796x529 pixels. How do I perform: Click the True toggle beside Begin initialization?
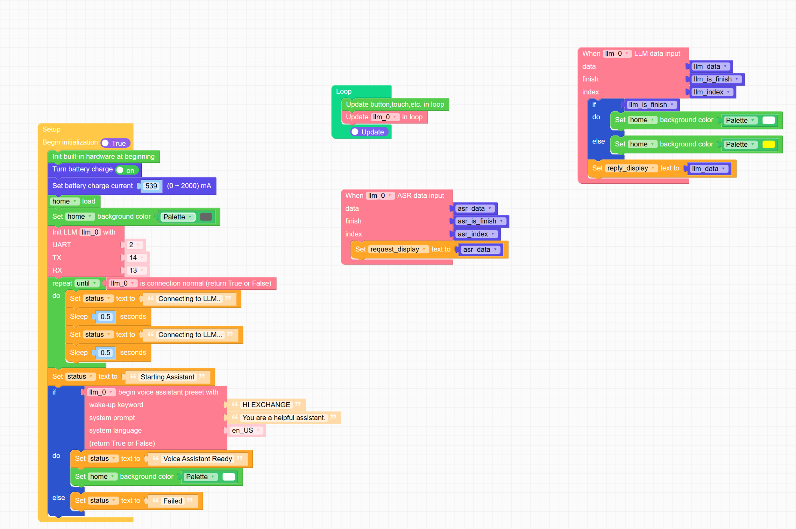(x=115, y=143)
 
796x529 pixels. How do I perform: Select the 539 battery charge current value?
(x=151, y=186)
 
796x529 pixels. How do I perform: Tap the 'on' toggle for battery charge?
(x=126, y=170)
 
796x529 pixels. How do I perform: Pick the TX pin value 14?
(x=136, y=258)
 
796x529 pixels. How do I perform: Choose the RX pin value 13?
(x=136, y=271)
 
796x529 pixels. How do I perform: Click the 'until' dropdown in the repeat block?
(x=86, y=283)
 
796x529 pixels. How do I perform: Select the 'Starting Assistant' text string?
(x=167, y=377)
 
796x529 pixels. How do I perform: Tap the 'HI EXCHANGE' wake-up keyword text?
(x=266, y=405)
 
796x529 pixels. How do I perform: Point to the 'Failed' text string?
(x=173, y=501)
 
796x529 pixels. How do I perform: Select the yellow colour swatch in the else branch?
(x=768, y=145)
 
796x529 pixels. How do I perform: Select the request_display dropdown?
(x=397, y=249)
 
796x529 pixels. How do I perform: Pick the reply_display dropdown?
(x=630, y=168)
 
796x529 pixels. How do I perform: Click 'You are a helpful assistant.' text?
(x=283, y=418)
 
